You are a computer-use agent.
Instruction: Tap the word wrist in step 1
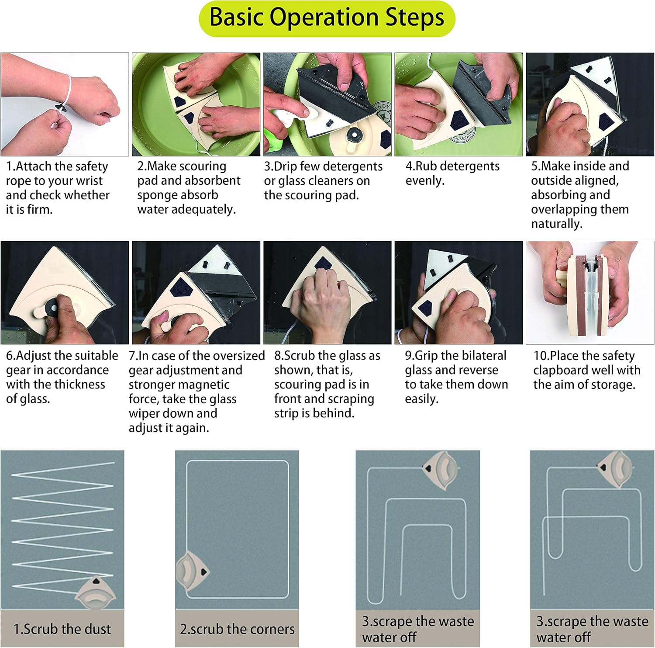click(x=88, y=181)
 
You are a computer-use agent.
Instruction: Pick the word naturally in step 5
click(x=557, y=224)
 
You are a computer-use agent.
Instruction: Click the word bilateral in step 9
click(x=482, y=356)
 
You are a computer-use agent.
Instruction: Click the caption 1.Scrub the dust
click(x=62, y=629)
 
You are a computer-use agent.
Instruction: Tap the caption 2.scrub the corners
click(x=237, y=629)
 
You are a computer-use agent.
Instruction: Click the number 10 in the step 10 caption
click(x=540, y=356)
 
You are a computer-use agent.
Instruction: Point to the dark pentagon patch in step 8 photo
click(x=323, y=263)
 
